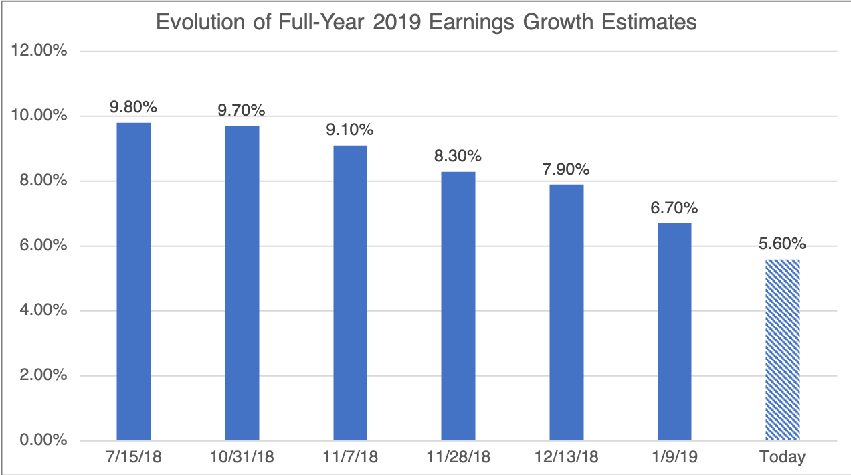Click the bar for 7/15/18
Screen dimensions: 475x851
134,281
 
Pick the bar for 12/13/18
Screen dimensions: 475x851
566,312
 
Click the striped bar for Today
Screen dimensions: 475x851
783,350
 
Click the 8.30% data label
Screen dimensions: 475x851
458,156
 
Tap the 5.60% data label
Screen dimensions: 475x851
783,243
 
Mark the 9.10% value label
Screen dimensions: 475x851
350,130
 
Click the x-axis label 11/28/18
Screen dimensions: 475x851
458,458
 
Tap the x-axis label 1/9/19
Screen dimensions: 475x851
674,458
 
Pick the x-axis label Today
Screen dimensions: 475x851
783,458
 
